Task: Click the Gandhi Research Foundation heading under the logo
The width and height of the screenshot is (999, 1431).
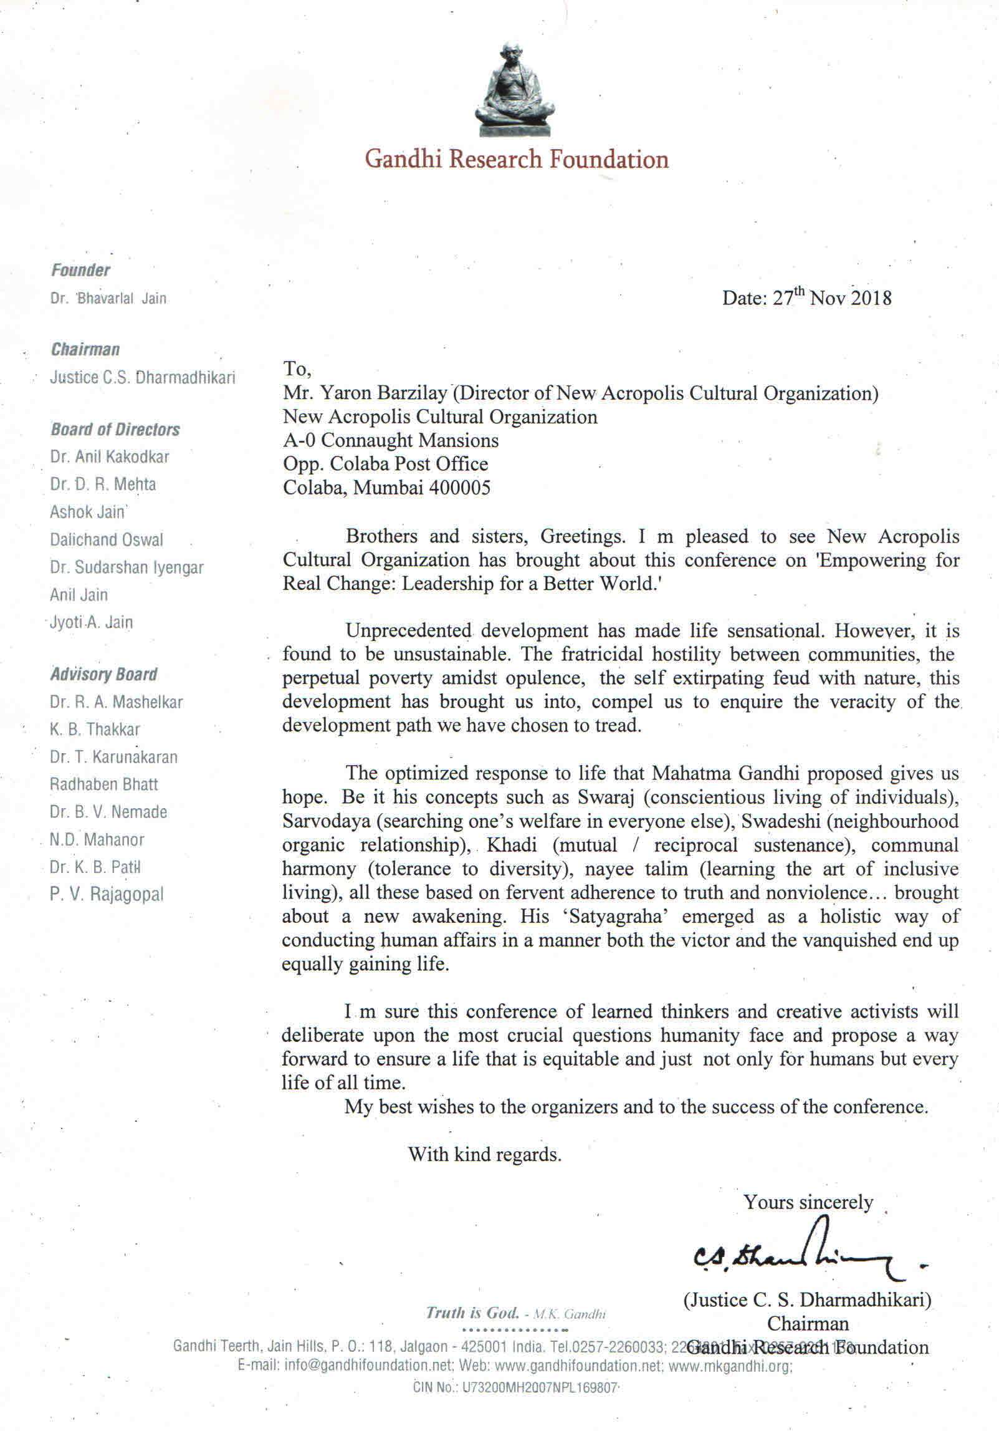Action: [x=517, y=160]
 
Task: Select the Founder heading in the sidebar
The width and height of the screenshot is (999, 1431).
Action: [x=80, y=270]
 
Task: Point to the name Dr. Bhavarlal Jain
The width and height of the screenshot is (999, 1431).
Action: [x=108, y=299]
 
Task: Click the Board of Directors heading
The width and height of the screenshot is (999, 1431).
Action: [x=115, y=430]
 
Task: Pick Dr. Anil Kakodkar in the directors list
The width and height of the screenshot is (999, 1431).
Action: [x=110, y=457]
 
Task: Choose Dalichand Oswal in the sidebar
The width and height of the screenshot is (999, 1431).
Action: [x=107, y=539]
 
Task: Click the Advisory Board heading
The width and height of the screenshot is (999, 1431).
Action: [x=103, y=674]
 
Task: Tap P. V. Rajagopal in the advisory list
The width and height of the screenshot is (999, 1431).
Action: [x=107, y=894]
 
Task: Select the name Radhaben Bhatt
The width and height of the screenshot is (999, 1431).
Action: [x=104, y=784]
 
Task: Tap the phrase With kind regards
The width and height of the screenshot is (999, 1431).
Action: [x=485, y=1154]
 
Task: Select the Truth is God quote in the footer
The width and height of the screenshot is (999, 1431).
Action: [x=472, y=1313]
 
